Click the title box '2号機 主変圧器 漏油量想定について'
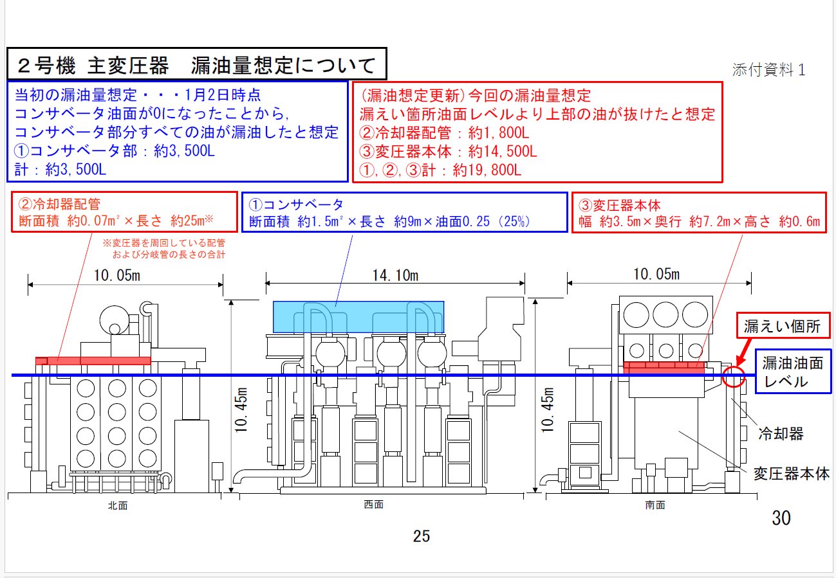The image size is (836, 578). [197, 64]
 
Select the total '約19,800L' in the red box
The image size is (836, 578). [487, 170]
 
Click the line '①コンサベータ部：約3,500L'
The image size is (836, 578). [114, 151]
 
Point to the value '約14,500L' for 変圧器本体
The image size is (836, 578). [503, 151]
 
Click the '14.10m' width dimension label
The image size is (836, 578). [395, 276]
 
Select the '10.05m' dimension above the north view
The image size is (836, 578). [117, 276]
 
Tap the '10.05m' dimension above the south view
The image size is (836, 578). [656, 274]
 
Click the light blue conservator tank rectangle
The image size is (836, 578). [358, 316]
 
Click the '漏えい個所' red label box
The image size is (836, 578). [783, 325]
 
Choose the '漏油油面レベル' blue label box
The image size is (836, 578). [793, 372]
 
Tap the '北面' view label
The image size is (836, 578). [118, 505]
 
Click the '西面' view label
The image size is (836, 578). [373, 505]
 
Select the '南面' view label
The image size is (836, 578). [655, 505]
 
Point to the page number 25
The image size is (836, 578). [422, 536]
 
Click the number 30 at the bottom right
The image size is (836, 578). [781, 518]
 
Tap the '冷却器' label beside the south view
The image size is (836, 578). [781, 434]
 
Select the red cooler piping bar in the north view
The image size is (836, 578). [93, 361]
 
